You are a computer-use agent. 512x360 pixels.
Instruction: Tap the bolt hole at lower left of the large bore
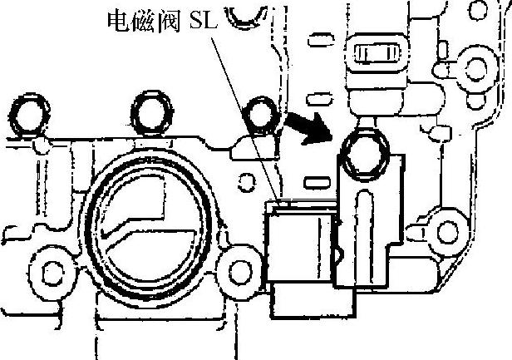[52, 270]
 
